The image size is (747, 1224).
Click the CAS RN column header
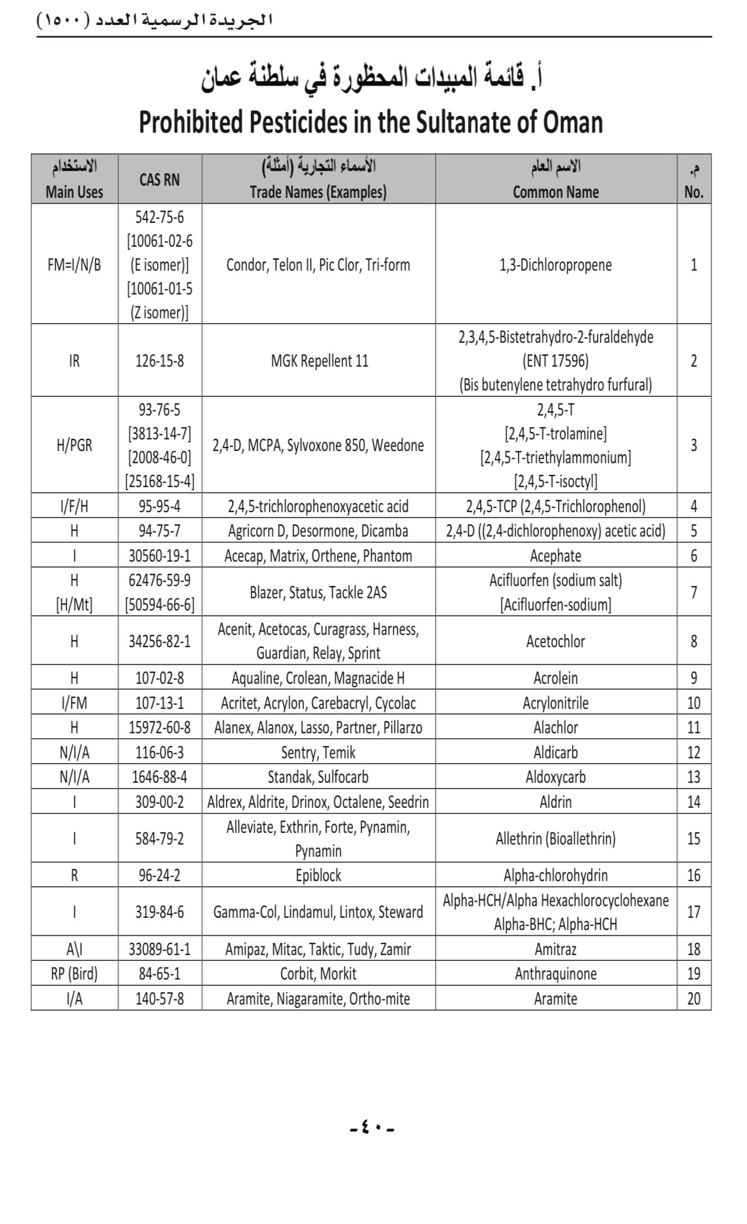tap(159, 180)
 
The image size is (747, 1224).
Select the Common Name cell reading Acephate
tap(555, 556)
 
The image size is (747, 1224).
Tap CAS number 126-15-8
tap(159, 361)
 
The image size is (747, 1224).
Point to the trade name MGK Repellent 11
tap(319, 361)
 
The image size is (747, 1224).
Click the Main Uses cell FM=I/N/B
tap(74, 265)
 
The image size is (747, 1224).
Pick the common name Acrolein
tap(555, 678)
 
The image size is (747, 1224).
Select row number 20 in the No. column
tap(693, 999)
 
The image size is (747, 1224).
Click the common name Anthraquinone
tap(555, 974)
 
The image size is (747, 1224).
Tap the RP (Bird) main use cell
tap(74, 974)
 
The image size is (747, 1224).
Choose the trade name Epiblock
tap(318, 875)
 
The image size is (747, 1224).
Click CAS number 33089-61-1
tap(159, 949)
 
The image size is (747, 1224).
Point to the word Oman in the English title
tap(572, 123)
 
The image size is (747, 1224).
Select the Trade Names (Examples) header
tap(318, 192)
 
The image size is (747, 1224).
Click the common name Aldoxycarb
tap(555, 777)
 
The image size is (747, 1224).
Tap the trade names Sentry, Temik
tap(318, 753)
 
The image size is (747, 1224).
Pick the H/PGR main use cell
tap(74, 446)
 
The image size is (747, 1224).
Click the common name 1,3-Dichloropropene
tap(555, 265)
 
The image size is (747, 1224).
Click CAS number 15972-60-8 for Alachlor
tap(159, 728)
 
